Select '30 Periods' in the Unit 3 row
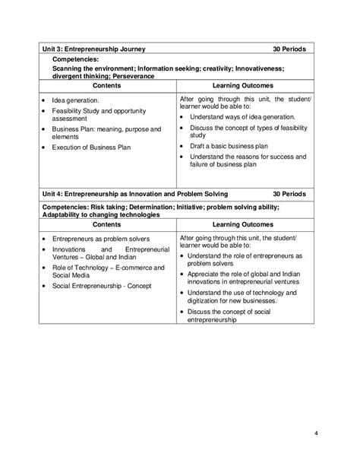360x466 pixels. click(289, 49)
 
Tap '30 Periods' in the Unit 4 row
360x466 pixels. click(289, 193)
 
